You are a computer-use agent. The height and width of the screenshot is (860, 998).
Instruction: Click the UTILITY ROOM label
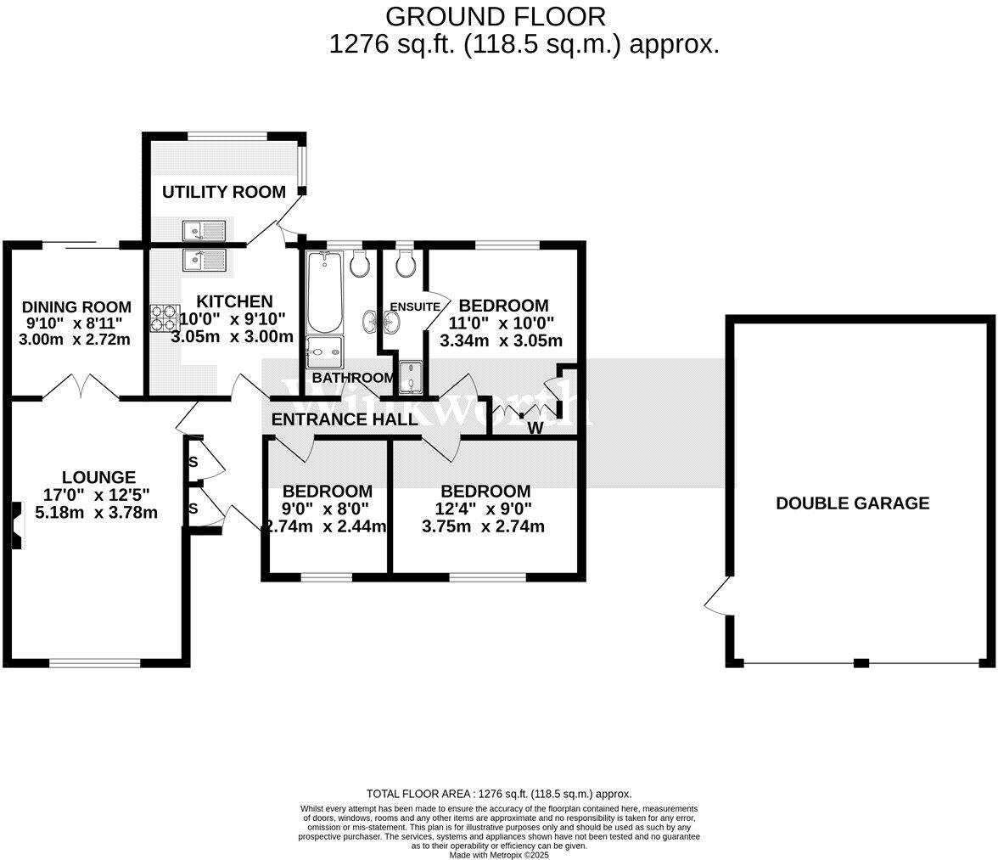click(224, 192)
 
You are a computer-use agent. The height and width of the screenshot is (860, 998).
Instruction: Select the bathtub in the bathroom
click(323, 292)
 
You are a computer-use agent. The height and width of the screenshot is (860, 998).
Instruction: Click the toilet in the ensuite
click(405, 264)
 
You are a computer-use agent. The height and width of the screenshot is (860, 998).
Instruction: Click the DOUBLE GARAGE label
click(852, 503)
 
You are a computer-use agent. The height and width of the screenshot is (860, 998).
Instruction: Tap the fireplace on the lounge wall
click(16, 526)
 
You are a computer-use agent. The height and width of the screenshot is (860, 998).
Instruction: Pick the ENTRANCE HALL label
click(345, 419)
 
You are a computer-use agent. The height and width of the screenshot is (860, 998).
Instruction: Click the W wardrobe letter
click(535, 428)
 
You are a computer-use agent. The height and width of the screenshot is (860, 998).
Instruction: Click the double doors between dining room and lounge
click(81, 388)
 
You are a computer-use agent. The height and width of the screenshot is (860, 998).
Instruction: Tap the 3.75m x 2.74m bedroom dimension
click(483, 526)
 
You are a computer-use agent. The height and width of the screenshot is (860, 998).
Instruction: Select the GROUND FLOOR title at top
click(496, 16)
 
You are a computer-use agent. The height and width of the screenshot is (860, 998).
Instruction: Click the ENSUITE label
click(415, 306)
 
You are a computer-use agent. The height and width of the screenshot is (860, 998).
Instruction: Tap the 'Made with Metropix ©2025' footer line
click(499, 855)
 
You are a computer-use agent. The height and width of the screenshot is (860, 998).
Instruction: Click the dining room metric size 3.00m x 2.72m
click(75, 340)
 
